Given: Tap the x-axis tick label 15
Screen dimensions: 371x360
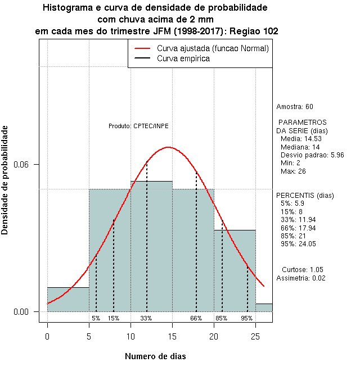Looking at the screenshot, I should click(172, 336).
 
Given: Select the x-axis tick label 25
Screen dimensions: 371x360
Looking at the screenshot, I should click(255, 336).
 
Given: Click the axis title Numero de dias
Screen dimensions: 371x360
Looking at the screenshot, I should click(155, 356).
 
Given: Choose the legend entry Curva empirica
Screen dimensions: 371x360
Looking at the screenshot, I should click(183, 58).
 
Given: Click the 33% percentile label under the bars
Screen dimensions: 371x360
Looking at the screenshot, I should click(146, 318).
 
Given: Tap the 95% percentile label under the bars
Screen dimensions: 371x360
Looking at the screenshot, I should click(247, 318).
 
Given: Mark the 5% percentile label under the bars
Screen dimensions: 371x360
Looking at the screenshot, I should click(96, 318).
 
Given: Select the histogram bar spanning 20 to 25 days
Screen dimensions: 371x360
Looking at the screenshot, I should click(235, 270).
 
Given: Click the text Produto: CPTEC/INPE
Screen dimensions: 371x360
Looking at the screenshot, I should click(138, 125).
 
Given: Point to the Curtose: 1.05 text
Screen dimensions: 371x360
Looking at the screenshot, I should click(302, 269).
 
